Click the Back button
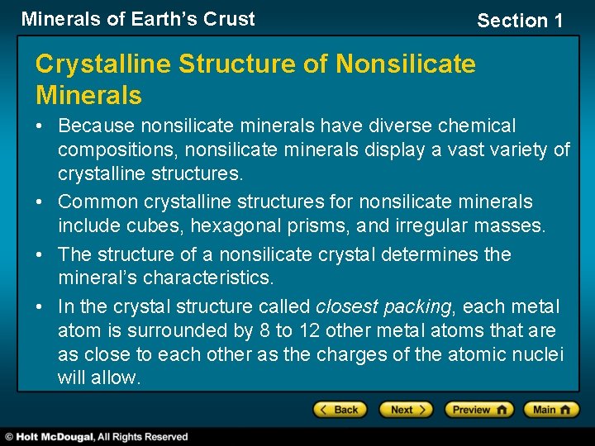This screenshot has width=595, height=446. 339,410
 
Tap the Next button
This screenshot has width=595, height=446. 405,410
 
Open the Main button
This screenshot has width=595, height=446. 553,410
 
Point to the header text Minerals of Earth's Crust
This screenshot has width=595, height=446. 138,19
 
